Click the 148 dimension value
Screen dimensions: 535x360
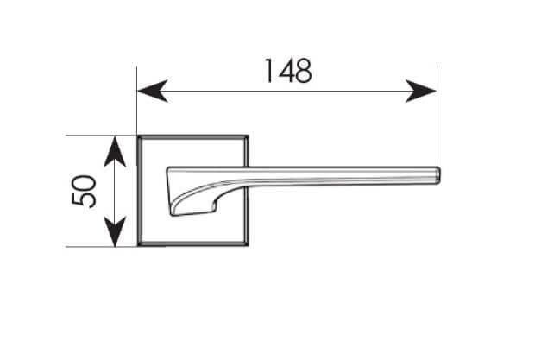coord(288,71)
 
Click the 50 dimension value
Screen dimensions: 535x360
coord(84,191)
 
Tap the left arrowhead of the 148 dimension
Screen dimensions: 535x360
coord(152,92)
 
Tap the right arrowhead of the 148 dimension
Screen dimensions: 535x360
coord(421,92)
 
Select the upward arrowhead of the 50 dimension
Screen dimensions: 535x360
coord(115,151)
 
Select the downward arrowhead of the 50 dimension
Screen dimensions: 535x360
coord(115,231)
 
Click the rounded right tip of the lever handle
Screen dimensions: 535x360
coord(439,175)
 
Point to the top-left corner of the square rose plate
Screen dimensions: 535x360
coord(138,136)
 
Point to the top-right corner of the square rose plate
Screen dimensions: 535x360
coord(248,136)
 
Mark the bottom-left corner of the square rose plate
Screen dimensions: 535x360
coord(138,246)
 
